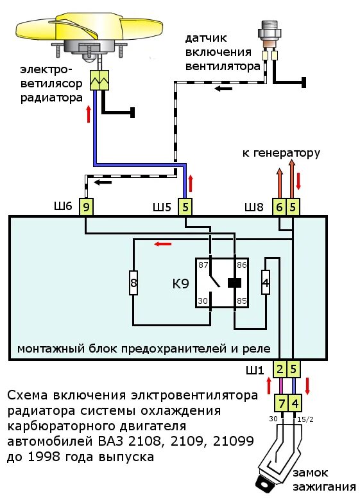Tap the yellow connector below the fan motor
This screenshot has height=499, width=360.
point(100,80)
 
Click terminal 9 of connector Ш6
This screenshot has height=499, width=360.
point(87,207)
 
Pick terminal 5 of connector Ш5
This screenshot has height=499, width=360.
point(185,207)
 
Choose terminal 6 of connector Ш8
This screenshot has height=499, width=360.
point(279,207)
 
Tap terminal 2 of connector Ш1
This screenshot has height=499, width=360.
point(280,369)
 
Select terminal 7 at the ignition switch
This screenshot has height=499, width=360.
point(280,403)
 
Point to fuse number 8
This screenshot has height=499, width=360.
point(133,283)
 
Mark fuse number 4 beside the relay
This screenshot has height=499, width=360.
point(266,283)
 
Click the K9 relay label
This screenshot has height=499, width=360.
point(180,283)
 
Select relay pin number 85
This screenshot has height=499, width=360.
point(243,299)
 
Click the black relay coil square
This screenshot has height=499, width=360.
point(234,282)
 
